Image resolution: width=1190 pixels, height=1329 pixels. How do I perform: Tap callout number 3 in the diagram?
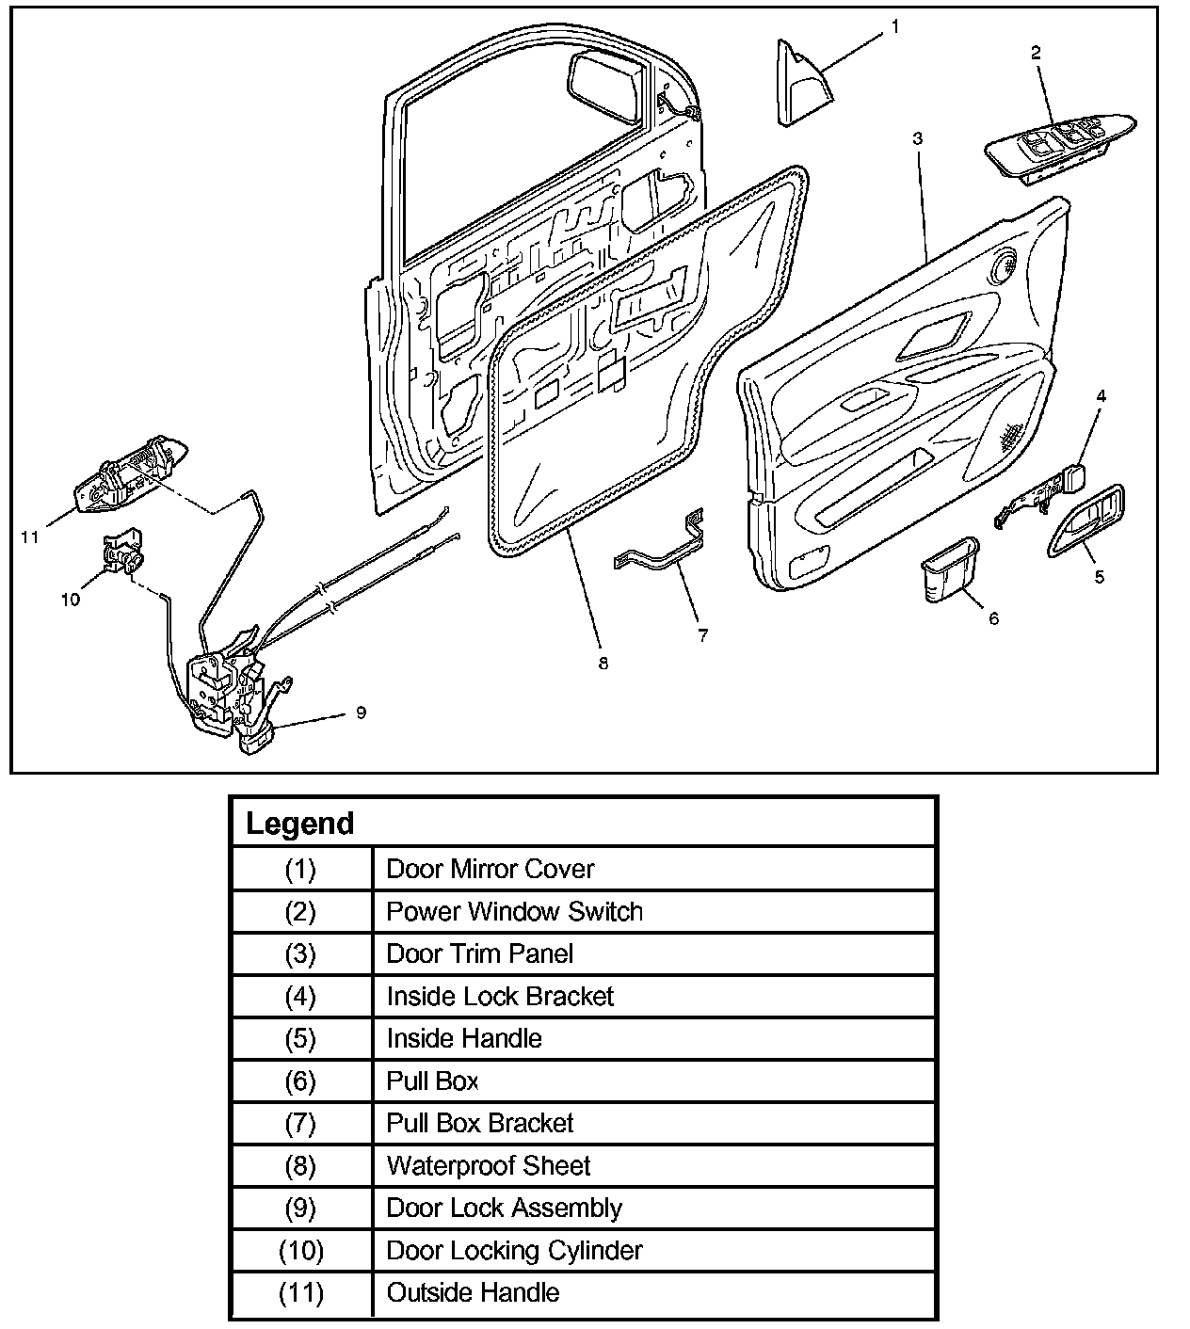pos(917,138)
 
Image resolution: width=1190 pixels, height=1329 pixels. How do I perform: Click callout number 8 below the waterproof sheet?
pos(603,664)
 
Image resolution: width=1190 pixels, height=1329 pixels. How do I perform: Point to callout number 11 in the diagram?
pos(29,536)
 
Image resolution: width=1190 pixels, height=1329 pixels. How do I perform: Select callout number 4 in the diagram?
pos(1100,396)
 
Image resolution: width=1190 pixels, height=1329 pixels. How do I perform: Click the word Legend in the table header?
pos(299,824)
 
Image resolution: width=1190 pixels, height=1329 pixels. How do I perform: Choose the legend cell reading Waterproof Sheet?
pos(489,1166)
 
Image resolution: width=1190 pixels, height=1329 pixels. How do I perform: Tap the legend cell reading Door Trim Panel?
pos(479,953)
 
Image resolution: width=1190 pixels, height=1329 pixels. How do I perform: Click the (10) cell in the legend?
pos(300,1251)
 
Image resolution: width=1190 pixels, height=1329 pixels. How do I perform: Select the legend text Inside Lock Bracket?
pos(500,996)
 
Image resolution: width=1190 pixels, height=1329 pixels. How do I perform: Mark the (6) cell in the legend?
pos(300,1081)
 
